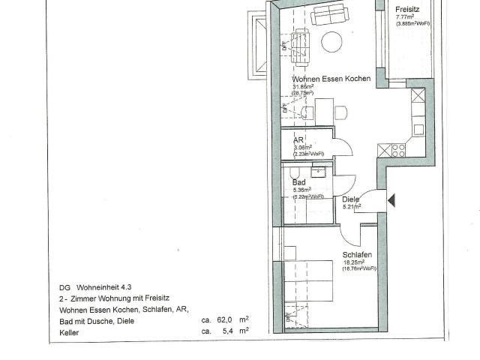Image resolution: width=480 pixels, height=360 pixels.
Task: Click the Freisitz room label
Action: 408,10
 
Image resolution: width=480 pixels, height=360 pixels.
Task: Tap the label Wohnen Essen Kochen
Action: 331,79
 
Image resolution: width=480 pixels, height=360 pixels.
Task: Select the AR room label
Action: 298,139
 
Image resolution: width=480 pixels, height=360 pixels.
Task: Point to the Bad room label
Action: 298,181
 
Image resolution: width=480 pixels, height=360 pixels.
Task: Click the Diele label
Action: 350,199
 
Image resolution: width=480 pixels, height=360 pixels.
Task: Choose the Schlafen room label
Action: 357,255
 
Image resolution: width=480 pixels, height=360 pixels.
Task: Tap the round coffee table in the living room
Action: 332,41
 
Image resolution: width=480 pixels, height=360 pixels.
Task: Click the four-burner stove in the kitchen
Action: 397,149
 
